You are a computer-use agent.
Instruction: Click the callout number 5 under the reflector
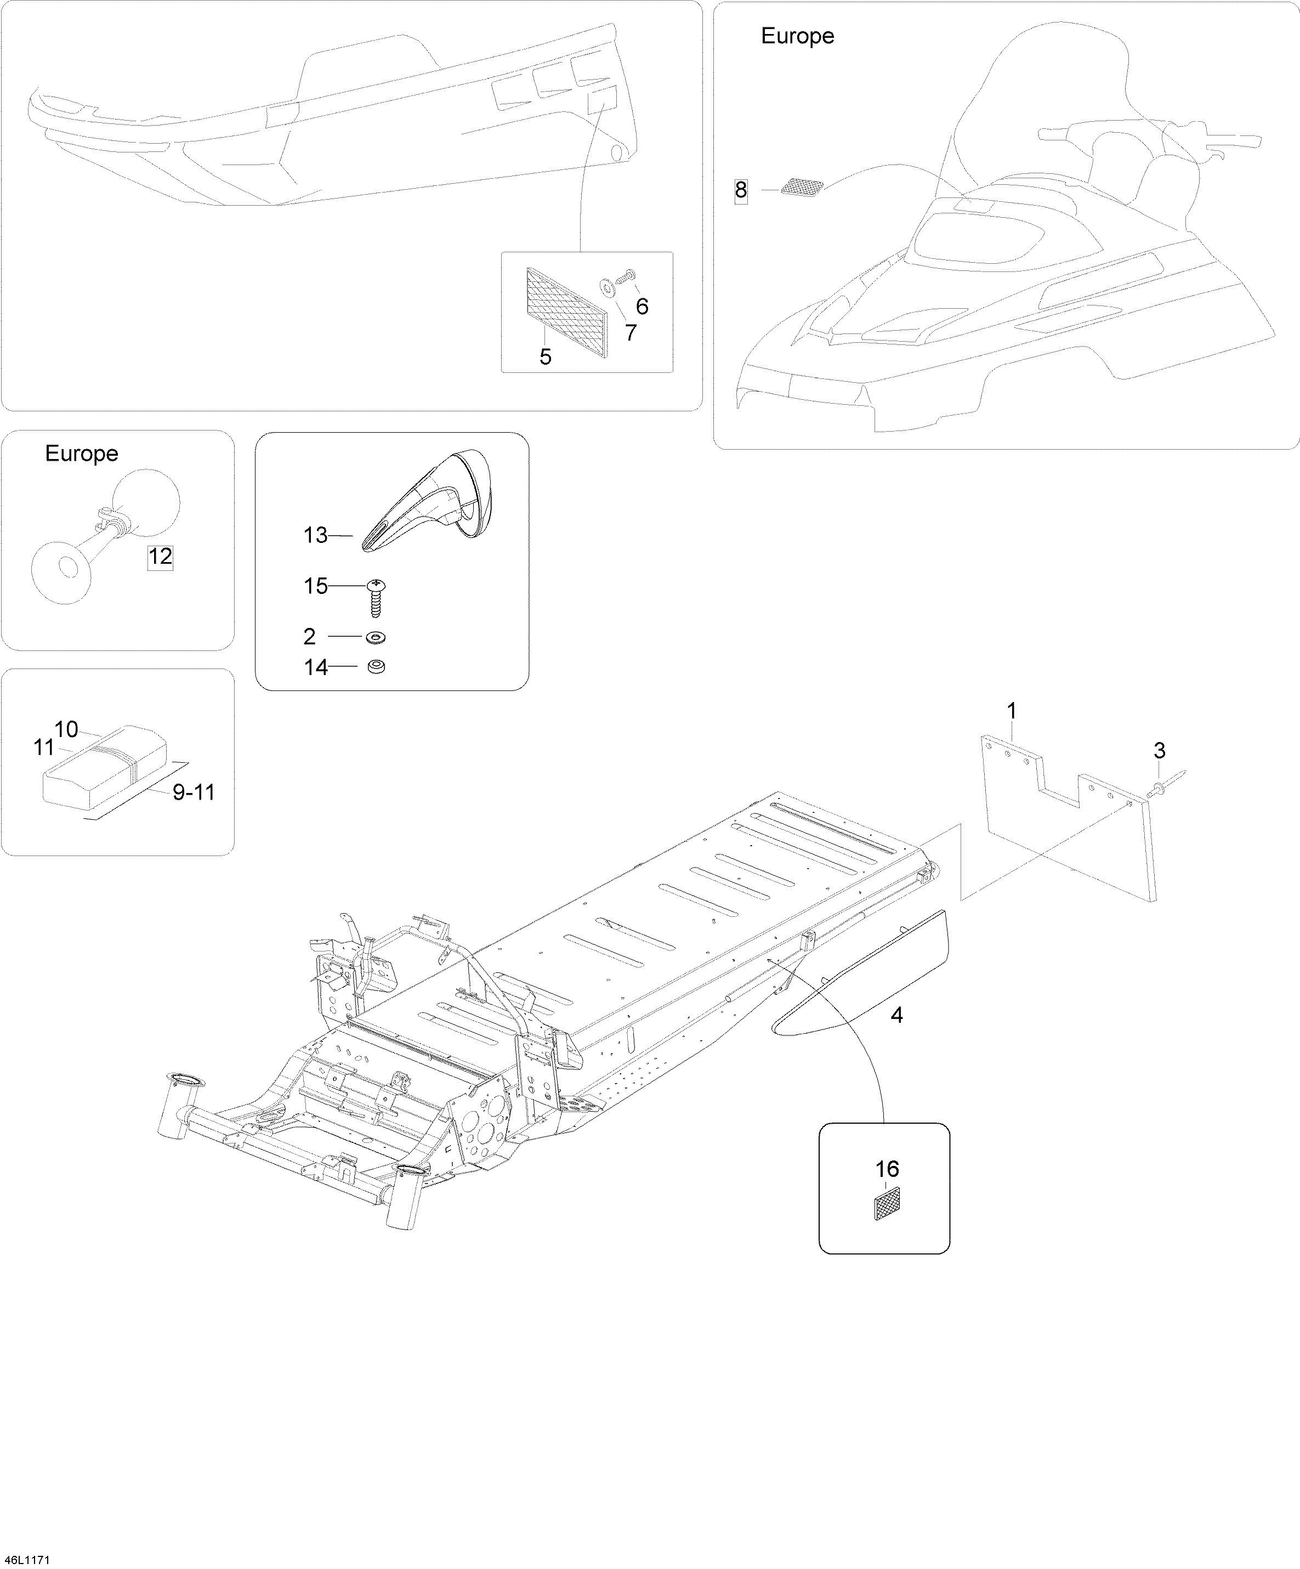pyautogui.click(x=546, y=357)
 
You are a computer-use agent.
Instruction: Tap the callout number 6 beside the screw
pyautogui.click(x=642, y=307)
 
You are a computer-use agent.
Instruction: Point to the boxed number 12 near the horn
pyautogui.click(x=160, y=556)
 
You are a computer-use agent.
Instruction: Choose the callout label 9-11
pyautogui.click(x=194, y=792)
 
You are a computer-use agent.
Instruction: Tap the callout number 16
pyautogui.click(x=887, y=1169)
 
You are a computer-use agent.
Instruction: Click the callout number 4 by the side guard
pyautogui.click(x=896, y=1015)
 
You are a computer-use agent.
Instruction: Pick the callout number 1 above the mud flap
pyautogui.click(x=1012, y=711)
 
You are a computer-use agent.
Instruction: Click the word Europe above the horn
pyautogui.click(x=82, y=454)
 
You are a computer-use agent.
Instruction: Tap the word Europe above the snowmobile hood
pyautogui.click(x=797, y=36)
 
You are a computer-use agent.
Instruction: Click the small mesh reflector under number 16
pyautogui.click(x=887, y=1204)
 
